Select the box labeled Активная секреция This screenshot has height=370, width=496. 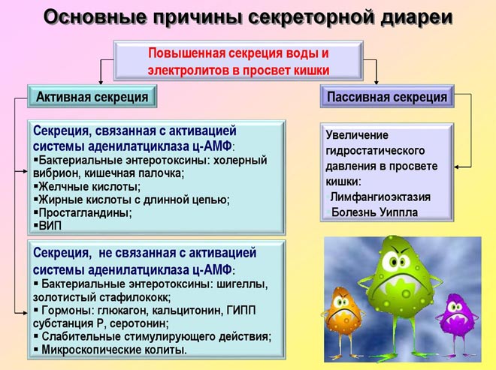coord(92,97)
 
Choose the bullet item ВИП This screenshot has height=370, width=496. coord(51,225)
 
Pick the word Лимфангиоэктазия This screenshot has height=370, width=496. coord(380,197)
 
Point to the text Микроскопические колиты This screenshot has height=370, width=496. coord(113,350)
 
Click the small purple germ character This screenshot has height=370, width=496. coord(457,314)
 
